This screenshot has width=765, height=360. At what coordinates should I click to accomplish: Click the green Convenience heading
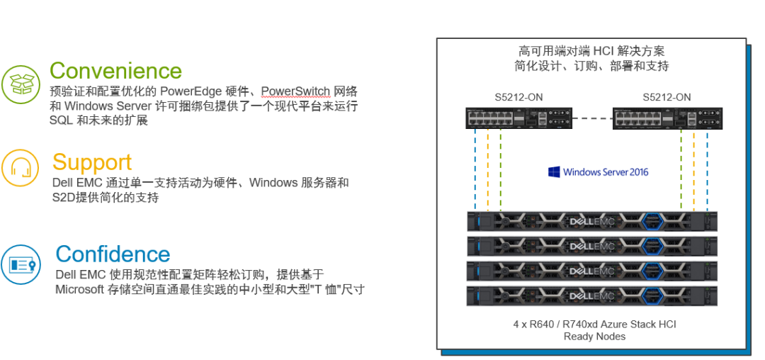[115, 70]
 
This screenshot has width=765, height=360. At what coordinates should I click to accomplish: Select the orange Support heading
[92, 162]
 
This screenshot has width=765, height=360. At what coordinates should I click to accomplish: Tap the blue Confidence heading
[113, 254]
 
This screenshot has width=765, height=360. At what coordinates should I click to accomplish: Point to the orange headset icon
[21, 169]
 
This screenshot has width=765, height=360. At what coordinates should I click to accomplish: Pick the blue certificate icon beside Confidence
[20, 264]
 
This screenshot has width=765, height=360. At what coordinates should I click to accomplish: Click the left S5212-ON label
[518, 97]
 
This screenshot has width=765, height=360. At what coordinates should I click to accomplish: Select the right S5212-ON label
[667, 97]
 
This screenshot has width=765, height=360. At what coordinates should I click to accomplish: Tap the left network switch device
[518, 118]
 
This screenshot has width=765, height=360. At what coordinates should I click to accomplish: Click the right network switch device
[668, 118]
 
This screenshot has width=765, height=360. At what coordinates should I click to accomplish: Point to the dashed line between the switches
[593, 118]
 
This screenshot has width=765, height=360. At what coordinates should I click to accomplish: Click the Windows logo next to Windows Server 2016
[554, 171]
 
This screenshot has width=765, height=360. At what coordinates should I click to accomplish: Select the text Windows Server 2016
[606, 171]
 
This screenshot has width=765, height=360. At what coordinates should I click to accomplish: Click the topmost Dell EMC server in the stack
[592, 221]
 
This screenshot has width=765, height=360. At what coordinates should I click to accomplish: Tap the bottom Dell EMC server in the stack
[592, 296]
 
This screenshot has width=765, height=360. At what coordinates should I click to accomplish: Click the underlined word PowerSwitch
[295, 91]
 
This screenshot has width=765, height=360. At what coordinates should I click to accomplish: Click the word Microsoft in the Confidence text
[79, 289]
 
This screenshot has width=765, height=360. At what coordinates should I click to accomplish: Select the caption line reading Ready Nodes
[594, 337]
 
